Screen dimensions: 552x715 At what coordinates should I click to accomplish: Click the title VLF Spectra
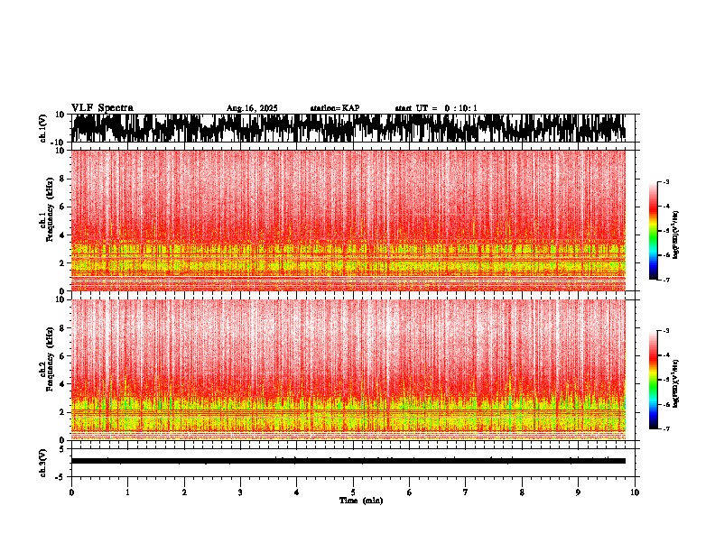point(102,108)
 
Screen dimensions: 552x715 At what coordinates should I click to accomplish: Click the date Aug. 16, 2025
point(252,108)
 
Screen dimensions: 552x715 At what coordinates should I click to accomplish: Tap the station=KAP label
point(334,108)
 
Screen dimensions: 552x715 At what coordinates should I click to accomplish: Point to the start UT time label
point(436,108)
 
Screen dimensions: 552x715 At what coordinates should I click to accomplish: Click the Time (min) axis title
point(360,501)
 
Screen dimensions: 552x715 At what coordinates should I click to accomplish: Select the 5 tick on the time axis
point(353,492)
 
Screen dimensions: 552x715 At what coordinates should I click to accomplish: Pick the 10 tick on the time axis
point(635,492)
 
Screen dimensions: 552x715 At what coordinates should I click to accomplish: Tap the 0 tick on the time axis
point(71,492)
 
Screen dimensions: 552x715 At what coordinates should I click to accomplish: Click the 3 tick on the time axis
point(240,492)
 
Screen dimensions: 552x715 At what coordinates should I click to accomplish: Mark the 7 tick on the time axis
point(466,492)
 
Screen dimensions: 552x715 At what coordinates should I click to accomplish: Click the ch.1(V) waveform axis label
point(43,128)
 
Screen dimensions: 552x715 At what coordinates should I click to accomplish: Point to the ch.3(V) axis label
point(43,461)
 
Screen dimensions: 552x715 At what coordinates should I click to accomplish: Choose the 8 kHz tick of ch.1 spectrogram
point(62,179)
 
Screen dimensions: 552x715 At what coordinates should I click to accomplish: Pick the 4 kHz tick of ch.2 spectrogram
point(62,384)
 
